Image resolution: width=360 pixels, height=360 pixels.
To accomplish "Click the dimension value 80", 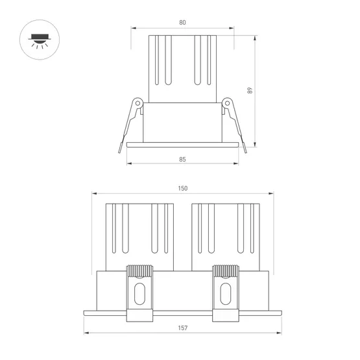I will pos(182,23).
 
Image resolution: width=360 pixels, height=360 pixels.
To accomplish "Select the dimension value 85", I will pos(182,158).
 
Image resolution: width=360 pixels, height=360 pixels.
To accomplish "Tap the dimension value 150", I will pos(182,188).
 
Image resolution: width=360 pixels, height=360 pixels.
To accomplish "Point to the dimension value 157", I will pos(182,328).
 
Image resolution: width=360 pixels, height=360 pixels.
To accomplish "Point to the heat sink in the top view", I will pos(182,68).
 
